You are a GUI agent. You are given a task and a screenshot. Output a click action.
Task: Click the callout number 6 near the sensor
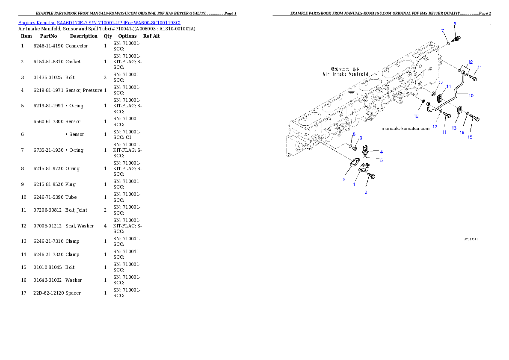(x=455, y=24)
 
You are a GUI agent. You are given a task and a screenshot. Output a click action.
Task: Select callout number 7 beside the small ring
(x=443, y=31)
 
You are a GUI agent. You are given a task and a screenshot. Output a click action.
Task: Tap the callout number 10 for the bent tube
(x=471, y=96)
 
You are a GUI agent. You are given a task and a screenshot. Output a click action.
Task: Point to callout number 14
(x=448, y=86)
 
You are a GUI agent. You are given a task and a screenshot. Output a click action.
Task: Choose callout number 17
(x=440, y=82)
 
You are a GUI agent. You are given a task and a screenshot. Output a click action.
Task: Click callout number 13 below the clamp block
(x=454, y=128)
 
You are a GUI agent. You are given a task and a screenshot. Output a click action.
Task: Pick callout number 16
(x=462, y=133)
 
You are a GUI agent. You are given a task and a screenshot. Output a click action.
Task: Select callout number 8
(x=354, y=134)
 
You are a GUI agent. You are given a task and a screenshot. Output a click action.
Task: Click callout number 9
(x=361, y=138)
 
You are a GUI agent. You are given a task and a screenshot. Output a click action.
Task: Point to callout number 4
(x=381, y=152)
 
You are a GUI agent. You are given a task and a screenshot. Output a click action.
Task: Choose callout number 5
(x=381, y=160)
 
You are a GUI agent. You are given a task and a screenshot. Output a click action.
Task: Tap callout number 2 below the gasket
(x=344, y=180)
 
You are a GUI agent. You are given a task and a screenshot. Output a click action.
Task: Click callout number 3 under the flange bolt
(x=366, y=192)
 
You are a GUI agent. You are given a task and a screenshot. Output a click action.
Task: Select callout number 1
(x=354, y=184)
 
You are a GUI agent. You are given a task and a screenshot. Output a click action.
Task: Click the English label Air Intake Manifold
(x=345, y=74)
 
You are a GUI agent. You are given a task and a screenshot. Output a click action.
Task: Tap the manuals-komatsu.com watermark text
(x=405, y=129)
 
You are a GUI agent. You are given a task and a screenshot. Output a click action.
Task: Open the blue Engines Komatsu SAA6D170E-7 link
(x=99, y=22)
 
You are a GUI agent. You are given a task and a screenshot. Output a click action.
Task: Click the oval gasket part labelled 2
(x=353, y=163)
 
